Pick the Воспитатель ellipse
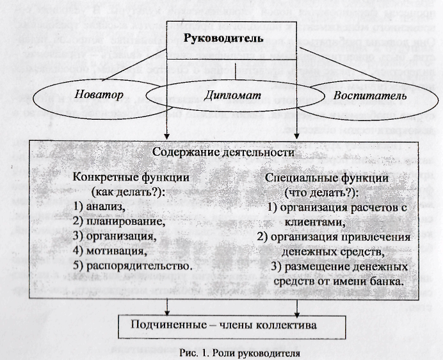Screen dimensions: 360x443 [x=369, y=97]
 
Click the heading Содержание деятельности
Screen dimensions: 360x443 [x=222, y=152]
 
